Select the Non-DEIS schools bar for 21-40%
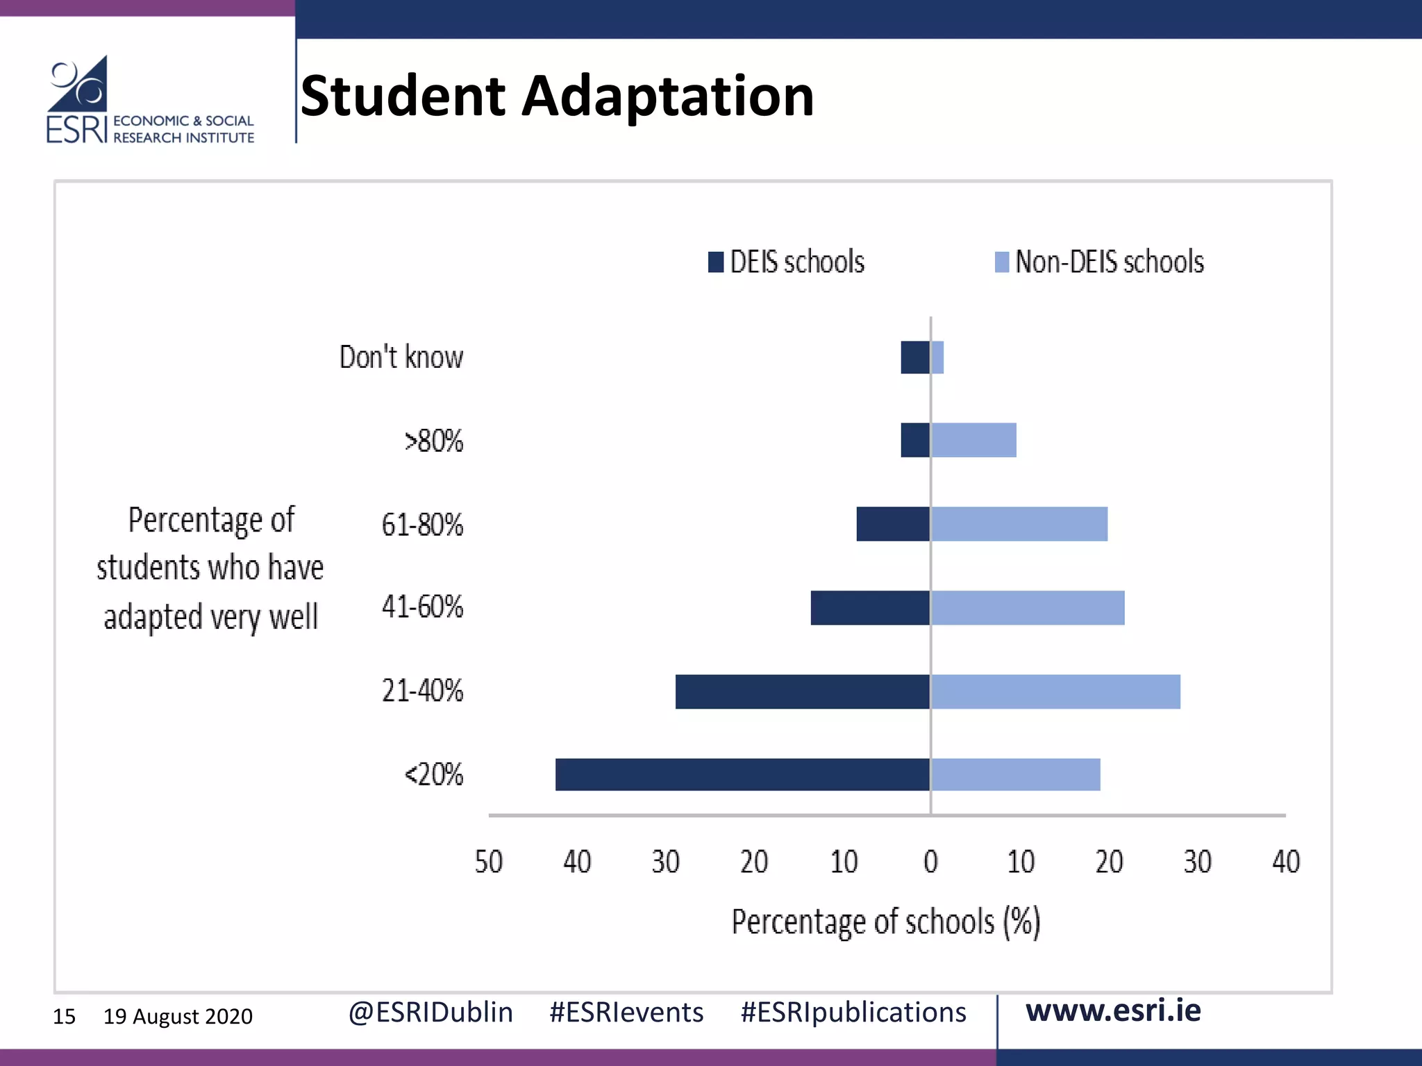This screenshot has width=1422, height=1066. pyautogui.click(x=1055, y=691)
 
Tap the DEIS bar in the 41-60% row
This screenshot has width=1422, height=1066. pyautogui.click(x=870, y=608)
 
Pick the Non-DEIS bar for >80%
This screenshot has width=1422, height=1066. pyautogui.click(x=973, y=440)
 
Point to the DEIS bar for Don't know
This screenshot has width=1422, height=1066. pyautogui.click(x=915, y=357)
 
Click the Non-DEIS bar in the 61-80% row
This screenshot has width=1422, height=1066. pyautogui.click(x=1019, y=524)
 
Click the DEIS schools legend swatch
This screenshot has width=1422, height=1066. pyautogui.click(x=716, y=262)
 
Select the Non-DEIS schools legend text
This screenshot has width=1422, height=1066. pyautogui.click(x=1109, y=262)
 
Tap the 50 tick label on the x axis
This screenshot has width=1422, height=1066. pyautogui.click(x=488, y=862)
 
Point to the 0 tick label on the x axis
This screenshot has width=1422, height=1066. pyautogui.click(x=930, y=862)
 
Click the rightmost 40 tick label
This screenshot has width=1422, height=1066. pyautogui.click(x=1285, y=862)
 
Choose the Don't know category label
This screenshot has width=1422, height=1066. pyautogui.click(x=401, y=357)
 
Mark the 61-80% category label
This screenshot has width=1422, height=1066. pyautogui.click(x=422, y=525)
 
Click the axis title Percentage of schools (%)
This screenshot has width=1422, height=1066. pyautogui.click(x=886, y=922)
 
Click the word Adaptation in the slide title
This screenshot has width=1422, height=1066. pyautogui.click(x=667, y=96)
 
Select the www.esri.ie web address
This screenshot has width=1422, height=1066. pyautogui.click(x=1113, y=1010)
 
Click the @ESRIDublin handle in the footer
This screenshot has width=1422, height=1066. pyautogui.click(x=430, y=1013)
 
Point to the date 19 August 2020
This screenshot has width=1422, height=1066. pyautogui.click(x=178, y=1017)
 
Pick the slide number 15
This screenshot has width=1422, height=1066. pyautogui.click(x=64, y=1017)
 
